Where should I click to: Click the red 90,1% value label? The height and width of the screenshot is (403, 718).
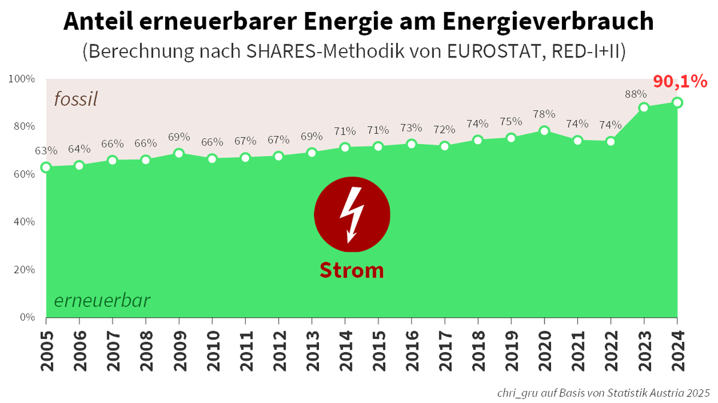(680, 81)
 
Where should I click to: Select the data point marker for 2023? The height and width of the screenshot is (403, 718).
(644, 108)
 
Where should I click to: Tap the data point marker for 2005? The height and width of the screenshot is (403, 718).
(46, 167)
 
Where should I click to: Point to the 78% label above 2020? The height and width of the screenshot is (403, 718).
(544, 114)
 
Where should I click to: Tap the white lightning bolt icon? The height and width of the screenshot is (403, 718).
(351, 214)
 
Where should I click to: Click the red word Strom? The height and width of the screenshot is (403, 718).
(352, 270)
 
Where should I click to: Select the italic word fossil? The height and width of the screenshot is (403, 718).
(75, 99)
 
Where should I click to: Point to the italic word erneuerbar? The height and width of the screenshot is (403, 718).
(102, 300)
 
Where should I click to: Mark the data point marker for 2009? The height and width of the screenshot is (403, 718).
(179, 153)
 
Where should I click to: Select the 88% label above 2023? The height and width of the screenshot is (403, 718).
(635, 94)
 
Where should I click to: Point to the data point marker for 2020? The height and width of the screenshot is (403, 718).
(544, 131)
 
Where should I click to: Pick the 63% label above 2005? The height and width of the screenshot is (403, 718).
(47, 150)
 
